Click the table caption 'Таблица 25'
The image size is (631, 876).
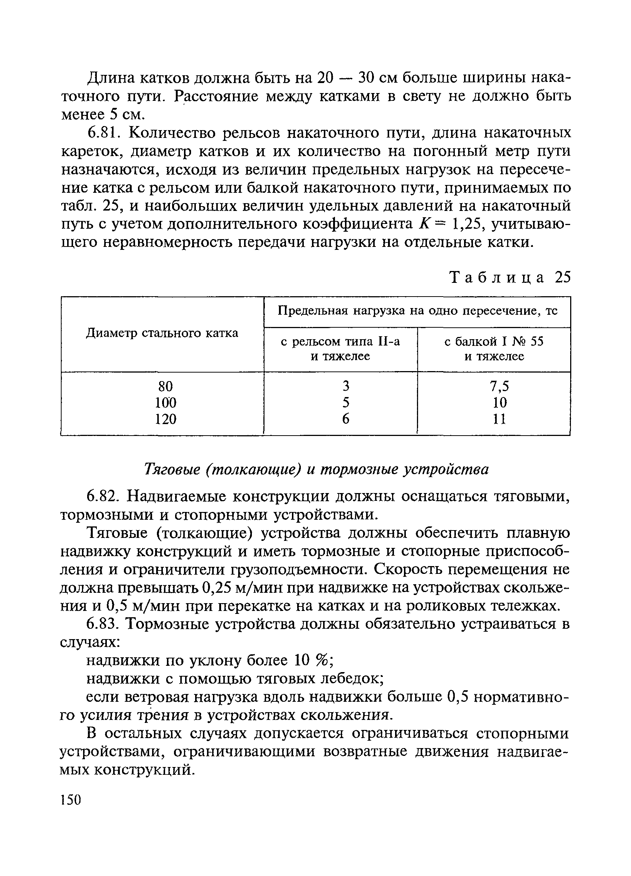point(510,277)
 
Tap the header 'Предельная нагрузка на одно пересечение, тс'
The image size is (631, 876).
point(417,311)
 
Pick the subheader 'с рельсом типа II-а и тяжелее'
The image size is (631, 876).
point(341,349)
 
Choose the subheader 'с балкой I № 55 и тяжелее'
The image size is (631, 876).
point(494,349)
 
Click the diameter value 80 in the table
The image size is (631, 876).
point(165,386)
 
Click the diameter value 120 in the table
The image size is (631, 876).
point(165,419)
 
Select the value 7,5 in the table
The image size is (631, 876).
point(499,386)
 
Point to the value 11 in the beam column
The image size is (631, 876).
point(499,419)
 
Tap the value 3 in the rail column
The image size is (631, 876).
point(346,386)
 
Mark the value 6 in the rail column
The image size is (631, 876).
point(346,419)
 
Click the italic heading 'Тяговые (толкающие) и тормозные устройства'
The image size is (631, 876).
point(316,470)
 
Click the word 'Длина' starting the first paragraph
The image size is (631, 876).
point(110,79)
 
